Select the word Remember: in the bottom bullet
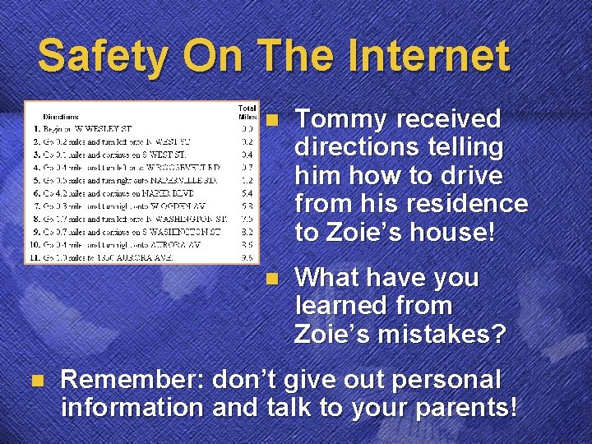click(x=131, y=380)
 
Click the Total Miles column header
click(x=247, y=112)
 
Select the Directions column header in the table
click(x=61, y=117)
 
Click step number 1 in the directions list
click(x=39, y=129)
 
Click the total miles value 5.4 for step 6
click(x=247, y=192)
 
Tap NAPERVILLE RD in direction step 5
click(x=189, y=179)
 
